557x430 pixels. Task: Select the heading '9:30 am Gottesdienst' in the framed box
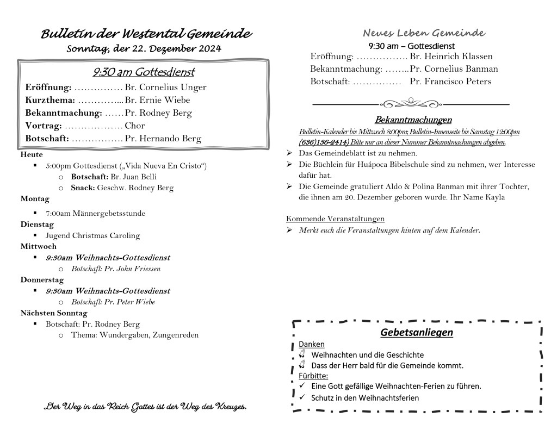point(144,72)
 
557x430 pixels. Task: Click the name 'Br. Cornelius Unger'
point(165,87)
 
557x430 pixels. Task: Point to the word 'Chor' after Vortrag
point(135,126)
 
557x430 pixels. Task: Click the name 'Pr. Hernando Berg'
point(163,139)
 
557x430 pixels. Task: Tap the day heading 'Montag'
point(35,198)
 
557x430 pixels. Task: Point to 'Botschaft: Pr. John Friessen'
point(115,269)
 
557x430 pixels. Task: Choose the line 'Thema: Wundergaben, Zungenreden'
point(134,335)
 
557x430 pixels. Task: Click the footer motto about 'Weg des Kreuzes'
point(145,407)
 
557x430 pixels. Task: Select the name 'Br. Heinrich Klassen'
point(451,57)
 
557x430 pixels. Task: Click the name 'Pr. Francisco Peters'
point(450,82)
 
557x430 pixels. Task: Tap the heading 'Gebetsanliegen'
point(417,332)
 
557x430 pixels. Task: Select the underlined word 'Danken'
point(312,344)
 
